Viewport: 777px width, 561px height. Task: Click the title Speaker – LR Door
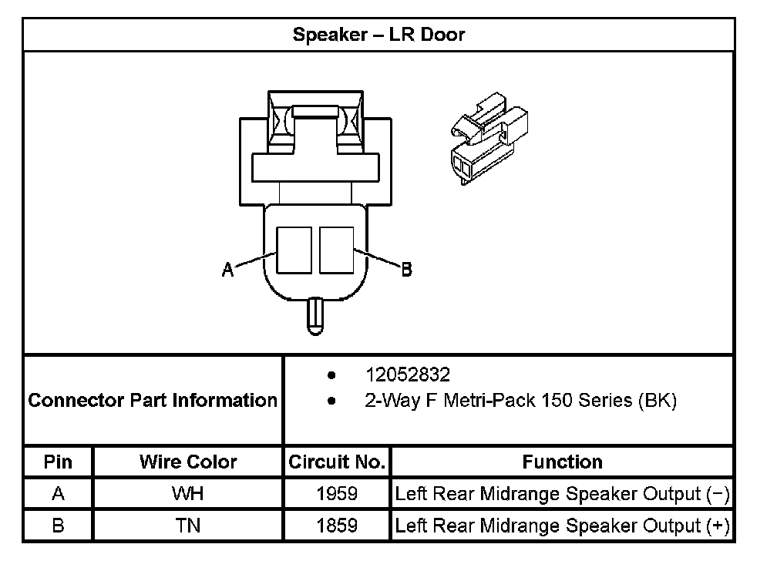click(378, 35)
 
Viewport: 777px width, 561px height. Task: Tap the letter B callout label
click(406, 269)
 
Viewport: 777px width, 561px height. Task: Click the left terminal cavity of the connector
click(294, 250)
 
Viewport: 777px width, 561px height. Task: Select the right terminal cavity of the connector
click(336, 250)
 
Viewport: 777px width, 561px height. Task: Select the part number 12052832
click(408, 375)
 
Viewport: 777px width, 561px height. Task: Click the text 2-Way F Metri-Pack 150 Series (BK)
click(520, 401)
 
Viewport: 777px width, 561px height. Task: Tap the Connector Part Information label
click(153, 401)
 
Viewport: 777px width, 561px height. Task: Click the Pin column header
click(59, 462)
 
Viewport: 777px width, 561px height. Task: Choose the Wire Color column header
click(188, 462)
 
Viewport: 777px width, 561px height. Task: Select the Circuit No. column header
click(337, 462)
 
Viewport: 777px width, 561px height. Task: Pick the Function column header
click(562, 462)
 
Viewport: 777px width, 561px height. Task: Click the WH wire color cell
click(188, 494)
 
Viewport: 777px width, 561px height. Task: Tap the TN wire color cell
click(188, 526)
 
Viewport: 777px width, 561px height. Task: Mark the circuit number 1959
click(337, 494)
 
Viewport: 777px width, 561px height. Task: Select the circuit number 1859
click(337, 526)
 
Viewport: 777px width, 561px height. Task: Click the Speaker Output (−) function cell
click(562, 494)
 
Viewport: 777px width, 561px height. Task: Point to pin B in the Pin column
click(59, 526)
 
